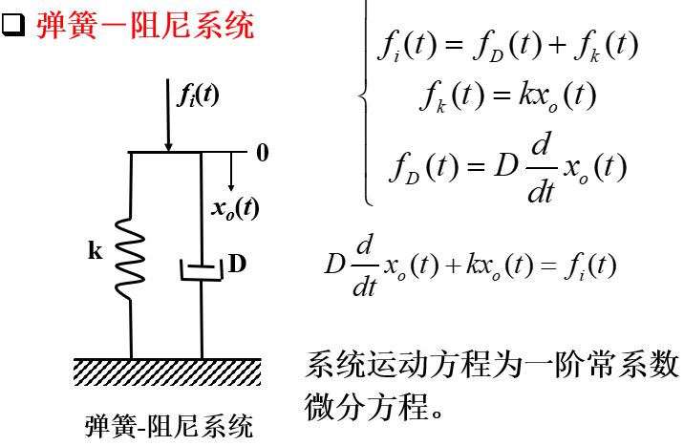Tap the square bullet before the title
pos(13,25)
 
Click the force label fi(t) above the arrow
pos(199,95)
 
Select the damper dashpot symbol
pos(201,267)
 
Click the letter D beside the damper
pos(237,264)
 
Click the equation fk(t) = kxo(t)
pos(508,96)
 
